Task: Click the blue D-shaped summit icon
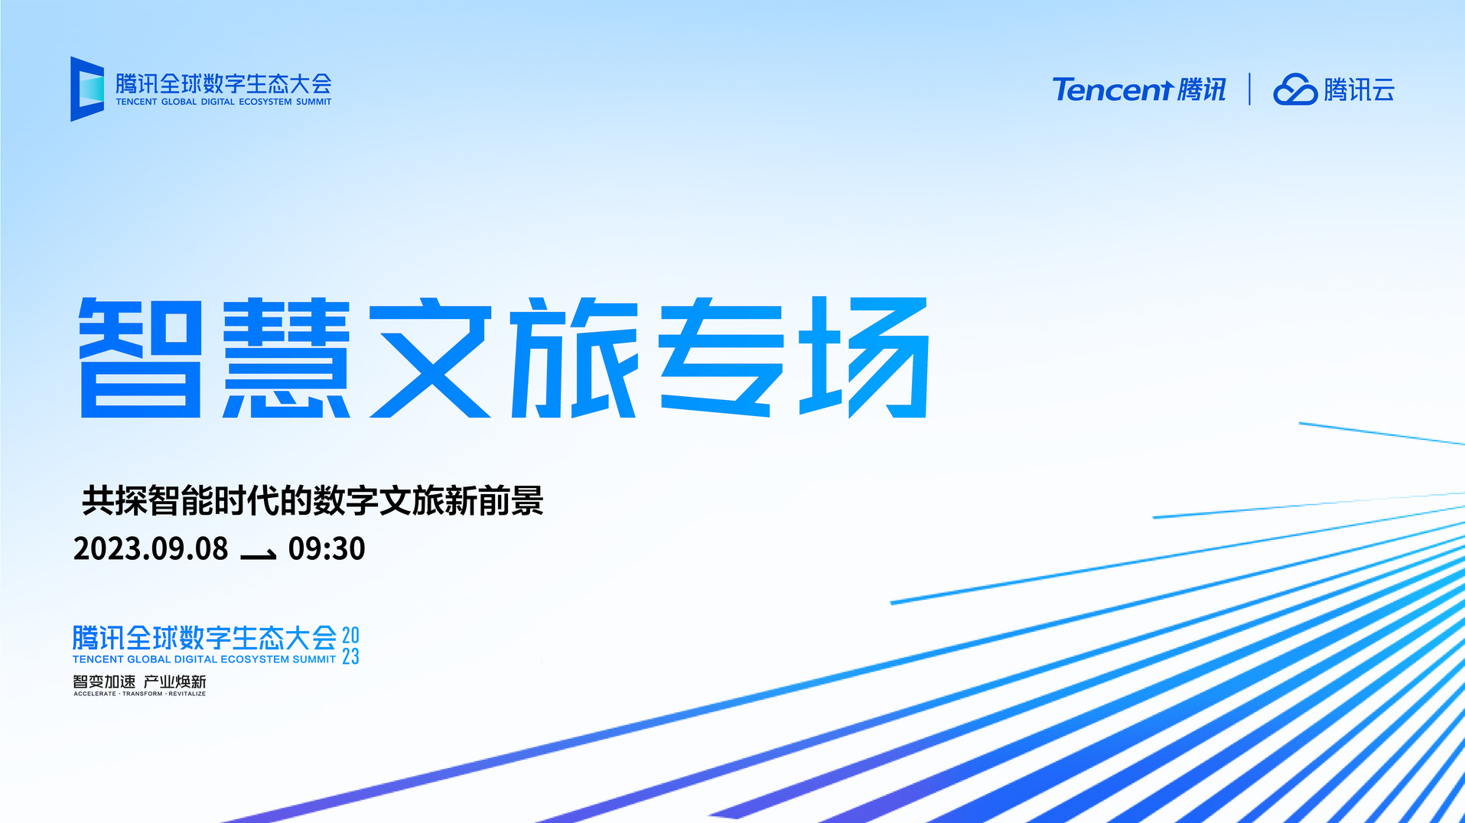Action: [86, 89]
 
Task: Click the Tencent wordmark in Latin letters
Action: [1112, 89]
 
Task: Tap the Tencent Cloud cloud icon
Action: [1294, 89]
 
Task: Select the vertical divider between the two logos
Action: [1249, 89]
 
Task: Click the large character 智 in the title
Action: [140, 357]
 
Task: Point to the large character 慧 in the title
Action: [286, 357]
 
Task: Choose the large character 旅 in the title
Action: [575, 357]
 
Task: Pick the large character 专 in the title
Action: [721, 357]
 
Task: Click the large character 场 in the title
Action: [864, 357]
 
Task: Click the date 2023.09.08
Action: [151, 548]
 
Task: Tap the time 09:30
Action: [327, 548]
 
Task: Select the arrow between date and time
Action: [258, 555]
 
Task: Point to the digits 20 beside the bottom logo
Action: [350, 635]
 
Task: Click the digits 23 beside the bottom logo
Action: [350, 656]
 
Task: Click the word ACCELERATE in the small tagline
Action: [95, 694]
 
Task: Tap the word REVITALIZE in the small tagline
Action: [187, 694]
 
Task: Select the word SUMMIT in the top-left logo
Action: [314, 102]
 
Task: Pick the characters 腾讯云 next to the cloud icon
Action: [1359, 89]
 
